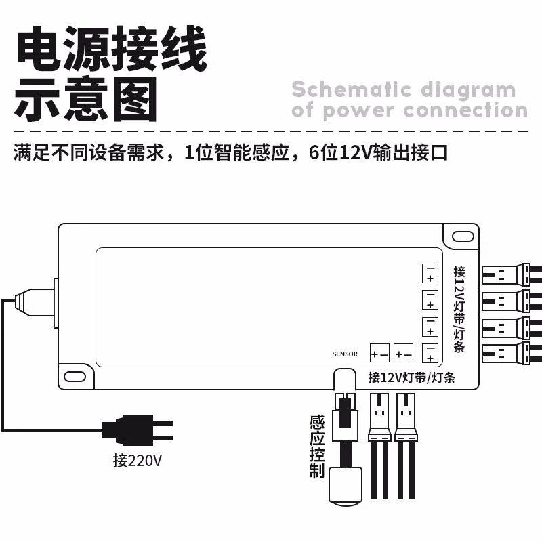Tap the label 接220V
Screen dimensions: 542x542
[138, 461]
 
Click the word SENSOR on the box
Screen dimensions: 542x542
[345, 354]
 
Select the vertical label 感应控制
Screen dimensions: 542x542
[316, 447]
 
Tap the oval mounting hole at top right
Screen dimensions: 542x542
[463, 236]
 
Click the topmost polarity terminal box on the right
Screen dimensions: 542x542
[430, 273]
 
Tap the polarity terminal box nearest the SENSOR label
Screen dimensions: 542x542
[379, 353]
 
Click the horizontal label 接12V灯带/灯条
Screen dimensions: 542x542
[411, 377]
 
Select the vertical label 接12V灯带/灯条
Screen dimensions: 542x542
[459, 309]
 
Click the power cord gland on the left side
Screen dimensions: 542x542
[37, 297]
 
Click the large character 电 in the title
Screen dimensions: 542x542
[39, 49]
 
